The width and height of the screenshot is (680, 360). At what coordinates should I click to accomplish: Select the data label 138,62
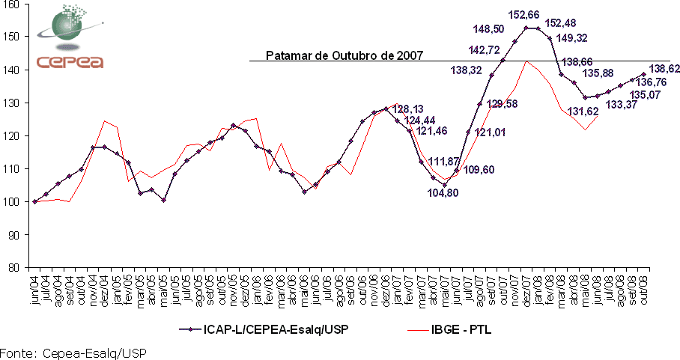click(x=664, y=68)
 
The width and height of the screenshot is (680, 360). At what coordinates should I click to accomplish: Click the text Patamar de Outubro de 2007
click(x=345, y=55)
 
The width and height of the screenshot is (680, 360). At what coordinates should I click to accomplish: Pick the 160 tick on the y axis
click(x=15, y=4)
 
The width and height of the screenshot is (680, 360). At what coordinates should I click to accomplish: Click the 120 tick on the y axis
click(x=15, y=135)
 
